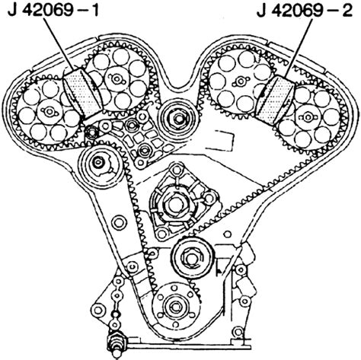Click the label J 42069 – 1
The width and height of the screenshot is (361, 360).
click(53, 11)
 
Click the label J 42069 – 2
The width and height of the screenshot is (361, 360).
click(305, 11)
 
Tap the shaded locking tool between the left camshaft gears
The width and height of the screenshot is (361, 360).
click(81, 94)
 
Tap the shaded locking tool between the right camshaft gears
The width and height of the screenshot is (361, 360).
click(276, 100)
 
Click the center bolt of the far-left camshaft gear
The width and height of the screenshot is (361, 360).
click(48, 111)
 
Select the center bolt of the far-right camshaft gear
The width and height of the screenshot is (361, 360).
click(308, 117)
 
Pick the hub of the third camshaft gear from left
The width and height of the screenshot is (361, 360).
click(240, 81)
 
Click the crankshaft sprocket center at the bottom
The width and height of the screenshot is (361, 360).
click(175, 307)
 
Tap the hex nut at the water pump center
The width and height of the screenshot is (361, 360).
click(174, 204)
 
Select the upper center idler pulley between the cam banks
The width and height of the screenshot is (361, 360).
click(177, 119)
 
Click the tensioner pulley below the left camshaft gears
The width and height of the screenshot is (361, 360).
click(101, 166)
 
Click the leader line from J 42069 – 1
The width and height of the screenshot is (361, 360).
click(60, 43)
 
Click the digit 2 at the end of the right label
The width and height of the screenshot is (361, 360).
click(347, 11)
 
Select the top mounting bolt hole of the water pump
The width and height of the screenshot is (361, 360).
click(177, 169)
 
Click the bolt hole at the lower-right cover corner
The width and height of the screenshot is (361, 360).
click(238, 332)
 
